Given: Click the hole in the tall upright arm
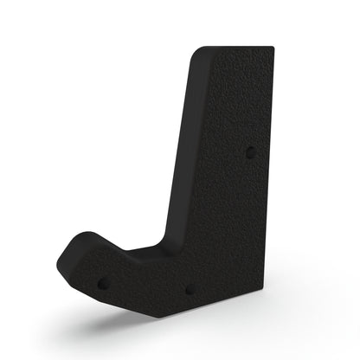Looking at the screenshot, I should (251, 151).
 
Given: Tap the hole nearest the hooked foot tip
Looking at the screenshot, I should (103, 282).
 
